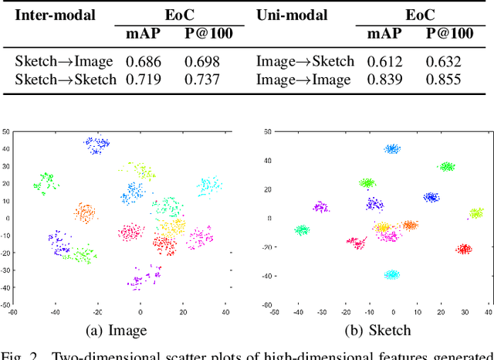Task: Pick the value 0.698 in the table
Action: [201, 60]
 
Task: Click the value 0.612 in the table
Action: [384, 60]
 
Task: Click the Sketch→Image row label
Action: [64, 60]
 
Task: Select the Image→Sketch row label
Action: [305, 60]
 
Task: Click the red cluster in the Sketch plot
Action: [464, 249]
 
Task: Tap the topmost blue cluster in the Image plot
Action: [96, 144]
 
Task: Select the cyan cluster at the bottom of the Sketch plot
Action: [392, 274]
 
